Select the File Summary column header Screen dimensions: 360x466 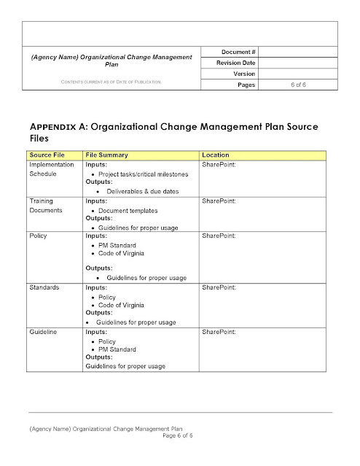[107, 155]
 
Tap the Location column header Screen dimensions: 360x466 [216, 155]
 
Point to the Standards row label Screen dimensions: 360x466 [45, 288]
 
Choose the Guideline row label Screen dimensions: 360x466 [44, 333]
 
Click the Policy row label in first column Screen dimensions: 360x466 [39, 236]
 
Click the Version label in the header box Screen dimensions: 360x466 [243, 74]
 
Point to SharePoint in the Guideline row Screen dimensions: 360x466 [218, 333]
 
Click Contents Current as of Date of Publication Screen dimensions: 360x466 [111, 82]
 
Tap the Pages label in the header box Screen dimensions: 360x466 [246, 85]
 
